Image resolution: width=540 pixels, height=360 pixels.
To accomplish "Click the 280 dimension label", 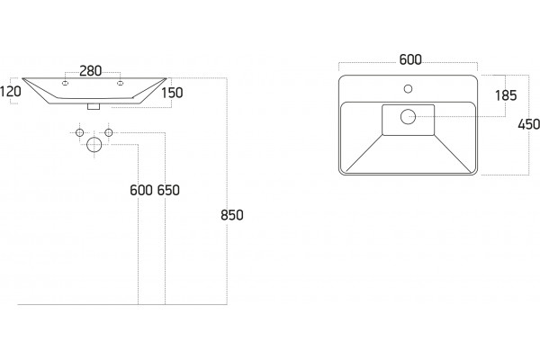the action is coord(91,71).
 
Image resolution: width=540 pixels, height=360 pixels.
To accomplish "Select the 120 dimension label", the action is coord(10,92).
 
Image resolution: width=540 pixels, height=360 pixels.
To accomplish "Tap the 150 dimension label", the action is coord(172,93).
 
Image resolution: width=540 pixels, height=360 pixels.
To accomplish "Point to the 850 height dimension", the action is coord(232,215).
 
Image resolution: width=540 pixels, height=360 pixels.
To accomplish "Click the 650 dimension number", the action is coord(168,190).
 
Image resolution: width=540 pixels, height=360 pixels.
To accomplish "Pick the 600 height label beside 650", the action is coord(141,190).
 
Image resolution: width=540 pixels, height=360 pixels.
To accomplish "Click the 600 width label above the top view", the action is coord(410,60).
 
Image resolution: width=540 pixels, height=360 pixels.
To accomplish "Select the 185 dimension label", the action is coord(506,95).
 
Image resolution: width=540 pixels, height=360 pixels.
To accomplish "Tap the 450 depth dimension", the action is coord(528,124).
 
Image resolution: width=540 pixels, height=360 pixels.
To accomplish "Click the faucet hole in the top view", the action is coord(408,89).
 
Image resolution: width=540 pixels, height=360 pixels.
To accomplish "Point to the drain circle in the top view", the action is coord(408,117).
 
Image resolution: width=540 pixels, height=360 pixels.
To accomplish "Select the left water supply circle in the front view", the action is coord(79,132).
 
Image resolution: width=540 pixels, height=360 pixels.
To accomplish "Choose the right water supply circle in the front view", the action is coord(109,132).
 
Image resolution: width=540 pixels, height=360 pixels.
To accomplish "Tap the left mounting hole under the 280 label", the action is coord(65,83).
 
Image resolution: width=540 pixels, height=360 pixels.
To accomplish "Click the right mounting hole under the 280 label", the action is coord(121,83).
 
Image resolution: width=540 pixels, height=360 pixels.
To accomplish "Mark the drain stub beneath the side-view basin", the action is coord(94,106).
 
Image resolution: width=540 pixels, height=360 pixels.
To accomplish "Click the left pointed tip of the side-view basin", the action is coord(22,78).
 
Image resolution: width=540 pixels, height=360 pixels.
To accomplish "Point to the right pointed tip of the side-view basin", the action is coord(166,78).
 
